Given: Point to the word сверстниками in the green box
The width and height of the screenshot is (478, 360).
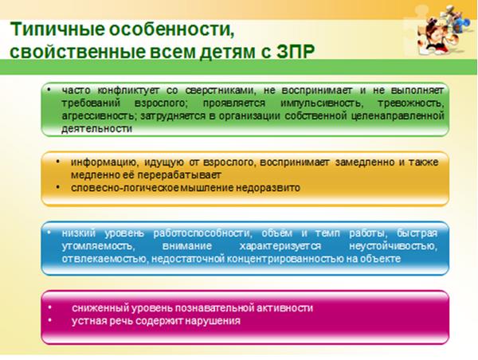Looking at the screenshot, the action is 220,91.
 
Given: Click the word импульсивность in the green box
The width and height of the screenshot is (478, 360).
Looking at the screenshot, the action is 322,104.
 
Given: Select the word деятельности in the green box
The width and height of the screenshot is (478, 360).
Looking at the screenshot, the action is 97,129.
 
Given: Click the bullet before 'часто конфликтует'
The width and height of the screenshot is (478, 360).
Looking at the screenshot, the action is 49,90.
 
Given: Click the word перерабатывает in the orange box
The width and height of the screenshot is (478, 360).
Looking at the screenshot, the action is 179,175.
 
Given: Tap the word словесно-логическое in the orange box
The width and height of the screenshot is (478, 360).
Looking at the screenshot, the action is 125,188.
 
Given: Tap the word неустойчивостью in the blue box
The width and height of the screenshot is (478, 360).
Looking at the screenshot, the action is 394,246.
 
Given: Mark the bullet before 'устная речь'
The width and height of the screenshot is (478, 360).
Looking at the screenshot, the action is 50,320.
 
